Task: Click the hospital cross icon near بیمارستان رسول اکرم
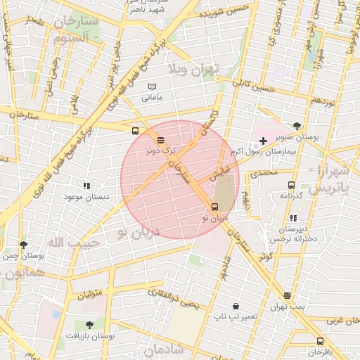(x=264, y=141)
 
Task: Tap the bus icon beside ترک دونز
(x=161, y=139)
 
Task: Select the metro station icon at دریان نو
(x=214, y=207)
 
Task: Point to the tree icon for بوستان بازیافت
(x=89, y=325)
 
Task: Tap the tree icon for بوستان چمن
(x=24, y=245)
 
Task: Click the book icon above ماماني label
(x=152, y=86)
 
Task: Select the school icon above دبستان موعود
(x=86, y=186)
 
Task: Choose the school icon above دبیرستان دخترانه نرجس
(x=293, y=218)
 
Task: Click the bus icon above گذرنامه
(x=291, y=185)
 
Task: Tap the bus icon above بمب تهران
(x=287, y=296)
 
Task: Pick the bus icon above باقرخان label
(x=321, y=341)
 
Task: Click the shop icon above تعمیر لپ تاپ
(x=235, y=307)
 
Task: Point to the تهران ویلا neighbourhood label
(x=193, y=68)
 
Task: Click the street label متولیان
(x=90, y=290)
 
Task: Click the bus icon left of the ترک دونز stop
(x=135, y=131)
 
